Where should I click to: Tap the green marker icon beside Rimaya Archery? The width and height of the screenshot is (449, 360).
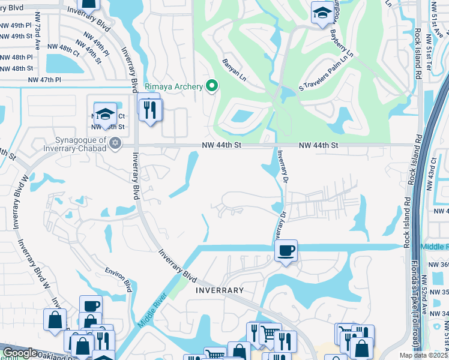point(211,87)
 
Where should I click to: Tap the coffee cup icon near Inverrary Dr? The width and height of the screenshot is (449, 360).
point(286,250)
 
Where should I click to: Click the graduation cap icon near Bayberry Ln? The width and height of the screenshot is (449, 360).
point(322,13)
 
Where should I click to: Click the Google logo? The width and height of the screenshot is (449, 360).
point(20,353)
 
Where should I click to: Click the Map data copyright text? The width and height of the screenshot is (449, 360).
point(428,355)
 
